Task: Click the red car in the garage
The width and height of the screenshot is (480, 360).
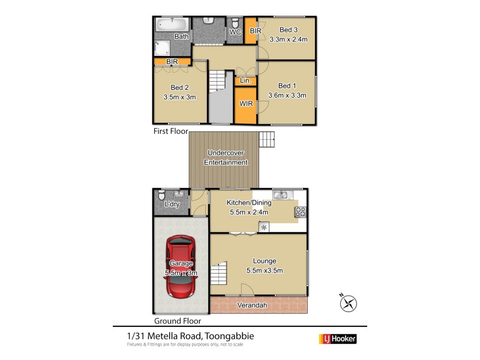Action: click(x=181, y=267)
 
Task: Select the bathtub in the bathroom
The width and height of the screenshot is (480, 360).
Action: click(x=172, y=25)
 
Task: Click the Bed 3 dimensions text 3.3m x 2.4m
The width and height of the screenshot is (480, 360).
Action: click(x=289, y=40)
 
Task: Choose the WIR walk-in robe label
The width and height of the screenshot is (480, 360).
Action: click(x=245, y=104)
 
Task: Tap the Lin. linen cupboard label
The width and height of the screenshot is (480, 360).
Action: click(x=245, y=81)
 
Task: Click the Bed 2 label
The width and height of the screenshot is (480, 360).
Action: click(x=179, y=87)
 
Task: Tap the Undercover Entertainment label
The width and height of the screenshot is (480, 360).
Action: click(x=226, y=157)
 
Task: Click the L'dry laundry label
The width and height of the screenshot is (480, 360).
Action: click(x=172, y=205)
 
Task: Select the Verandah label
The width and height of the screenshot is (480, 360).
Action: click(x=252, y=305)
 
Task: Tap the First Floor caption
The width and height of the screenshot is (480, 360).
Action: click(x=170, y=131)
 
